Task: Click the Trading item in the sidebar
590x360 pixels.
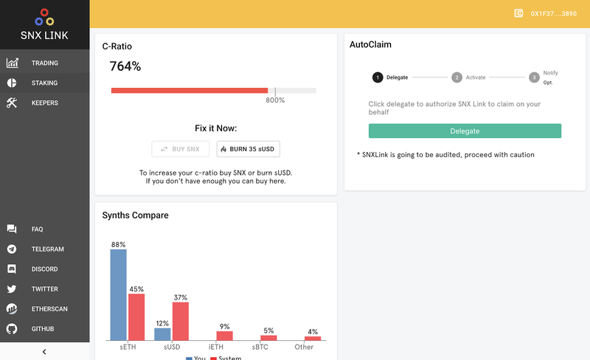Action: click(x=44, y=63)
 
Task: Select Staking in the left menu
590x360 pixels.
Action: click(x=44, y=83)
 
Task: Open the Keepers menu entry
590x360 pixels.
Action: click(x=44, y=103)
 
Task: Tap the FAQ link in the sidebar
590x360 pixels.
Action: click(x=37, y=229)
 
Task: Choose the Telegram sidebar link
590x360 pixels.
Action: click(x=47, y=249)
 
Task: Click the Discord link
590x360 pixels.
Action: click(x=44, y=269)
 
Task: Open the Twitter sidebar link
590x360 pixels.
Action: click(x=44, y=289)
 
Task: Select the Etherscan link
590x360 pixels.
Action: click(x=49, y=309)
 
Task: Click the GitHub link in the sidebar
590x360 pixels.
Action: click(x=43, y=329)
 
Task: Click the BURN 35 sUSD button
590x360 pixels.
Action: click(x=249, y=149)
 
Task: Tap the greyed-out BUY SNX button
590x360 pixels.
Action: click(x=181, y=149)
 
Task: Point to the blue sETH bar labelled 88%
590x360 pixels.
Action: click(x=118, y=295)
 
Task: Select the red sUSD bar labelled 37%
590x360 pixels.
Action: click(x=180, y=321)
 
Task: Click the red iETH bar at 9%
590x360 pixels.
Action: click(x=224, y=336)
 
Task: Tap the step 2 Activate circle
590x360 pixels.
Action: click(x=457, y=77)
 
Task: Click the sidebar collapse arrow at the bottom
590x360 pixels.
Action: click(x=44, y=351)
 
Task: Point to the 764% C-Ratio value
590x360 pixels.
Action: click(x=125, y=66)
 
